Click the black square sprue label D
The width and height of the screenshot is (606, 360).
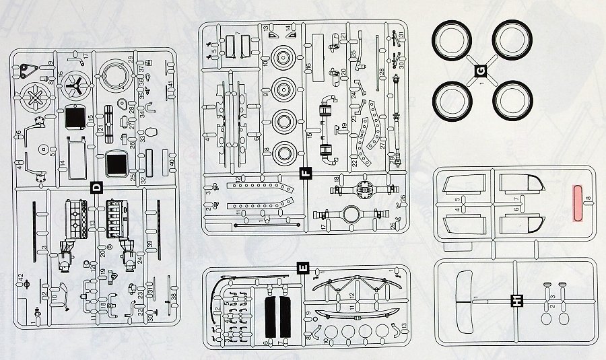96,189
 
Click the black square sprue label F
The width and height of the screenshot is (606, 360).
306,173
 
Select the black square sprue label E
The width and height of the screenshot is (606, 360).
302,270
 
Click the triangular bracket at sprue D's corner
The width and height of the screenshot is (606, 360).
28,69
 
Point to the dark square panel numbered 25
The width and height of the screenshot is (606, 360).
117,164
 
